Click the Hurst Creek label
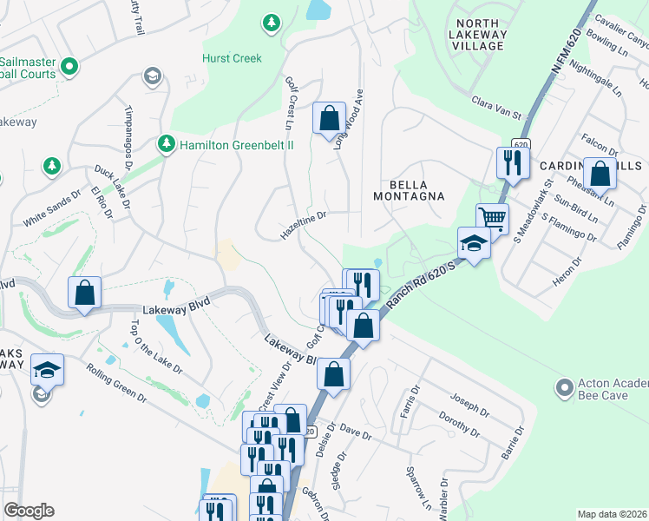click(231, 58)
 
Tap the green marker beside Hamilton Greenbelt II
click(165, 142)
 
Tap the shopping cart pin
click(492, 218)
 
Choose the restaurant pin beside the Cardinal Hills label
click(512, 162)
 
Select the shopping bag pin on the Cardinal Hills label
click(600, 173)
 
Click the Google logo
click(29, 511)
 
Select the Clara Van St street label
click(499, 115)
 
